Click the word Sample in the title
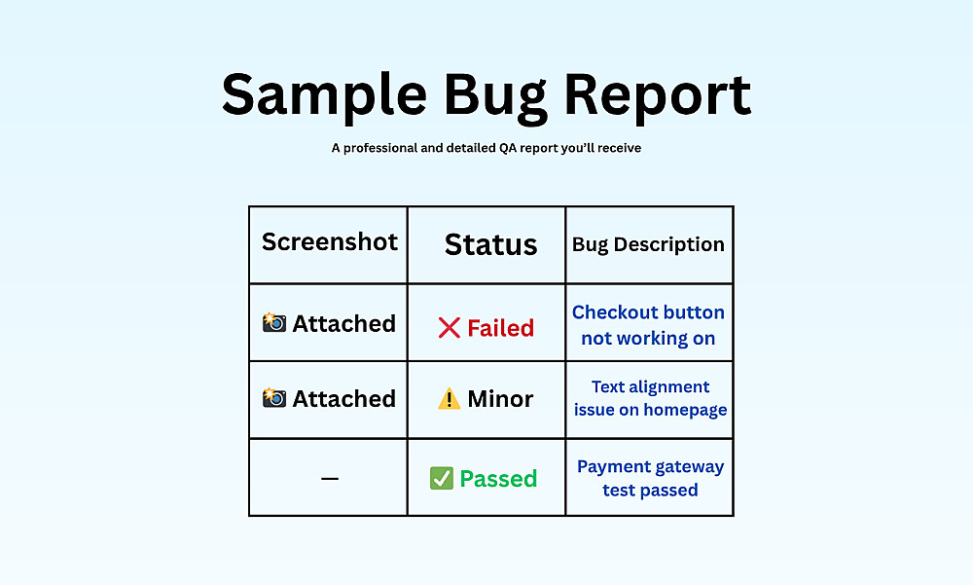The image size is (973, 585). pyautogui.click(x=324, y=95)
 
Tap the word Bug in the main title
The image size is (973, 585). pyautogui.click(x=494, y=97)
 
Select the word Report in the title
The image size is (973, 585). pyautogui.click(x=657, y=97)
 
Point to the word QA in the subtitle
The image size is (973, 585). pyautogui.click(x=508, y=148)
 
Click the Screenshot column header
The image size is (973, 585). pyautogui.click(x=330, y=241)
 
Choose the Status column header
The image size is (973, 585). pyautogui.click(x=490, y=244)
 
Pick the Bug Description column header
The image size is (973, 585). pyautogui.click(x=648, y=244)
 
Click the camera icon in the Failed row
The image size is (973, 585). pyautogui.click(x=274, y=322)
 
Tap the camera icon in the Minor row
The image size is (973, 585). pyautogui.click(x=274, y=397)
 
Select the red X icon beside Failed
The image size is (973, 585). pyautogui.click(x=450, y=328)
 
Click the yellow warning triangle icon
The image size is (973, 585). pyautogui.click(x=450, y=399)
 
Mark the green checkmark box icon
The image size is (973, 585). pyautogui.click(x=441, y=478)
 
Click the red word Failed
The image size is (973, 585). pyautogui.click(x=501, y=328)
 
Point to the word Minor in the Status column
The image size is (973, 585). pyautogui.click(x=500, y=399)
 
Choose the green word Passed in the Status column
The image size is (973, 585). pyautogui.click(x=498, y=479)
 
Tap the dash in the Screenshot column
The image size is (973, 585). pyautogui.click(x=330, y=478)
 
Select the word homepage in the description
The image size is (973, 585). pyautogui.click(x=685, y=411)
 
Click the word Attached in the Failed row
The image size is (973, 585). pyautogui.click(x=343, y=323)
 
